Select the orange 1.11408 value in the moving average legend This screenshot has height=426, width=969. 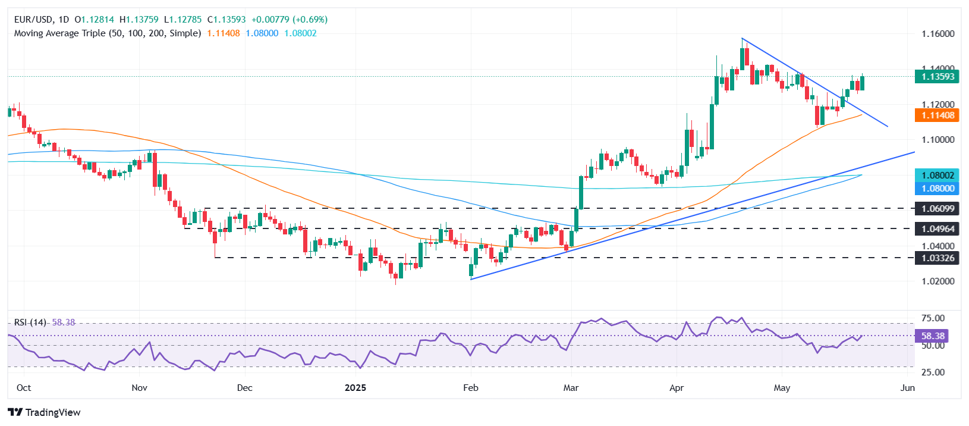(x=224, y=33)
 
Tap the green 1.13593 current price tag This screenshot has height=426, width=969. (x=937, y=77)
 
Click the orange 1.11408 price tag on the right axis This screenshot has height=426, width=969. (x=937, y=115)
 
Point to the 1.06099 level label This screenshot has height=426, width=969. (x=937, y=209)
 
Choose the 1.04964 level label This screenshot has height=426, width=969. (x=937, y=229)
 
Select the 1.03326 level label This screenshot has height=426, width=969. (x=937, y=258)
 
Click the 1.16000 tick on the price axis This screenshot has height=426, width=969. (x=937, y=34)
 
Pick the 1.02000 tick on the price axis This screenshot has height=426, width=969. (x=937, y=281)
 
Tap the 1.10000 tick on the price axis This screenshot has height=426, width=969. (x=937, y=140)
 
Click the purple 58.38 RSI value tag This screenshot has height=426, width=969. (x=931, y=336)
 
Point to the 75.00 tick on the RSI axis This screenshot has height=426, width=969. (x=933, y=318)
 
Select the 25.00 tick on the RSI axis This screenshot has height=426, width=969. (x=933, y=372)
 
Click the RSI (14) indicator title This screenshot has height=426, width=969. (x=30, y=322)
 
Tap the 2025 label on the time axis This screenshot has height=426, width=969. (x=355, y=388)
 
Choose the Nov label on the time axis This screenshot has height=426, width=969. (x=139, y=388)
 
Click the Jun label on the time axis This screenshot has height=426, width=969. (x=908, y=388)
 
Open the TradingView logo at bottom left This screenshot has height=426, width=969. (x=44, y=412)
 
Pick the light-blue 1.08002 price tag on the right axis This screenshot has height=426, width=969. (x=937, y=176)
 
